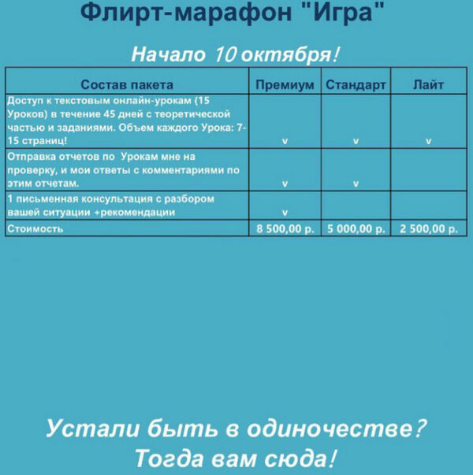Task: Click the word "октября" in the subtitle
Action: [x=286, y=55]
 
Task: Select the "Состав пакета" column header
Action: [x=127, y=84]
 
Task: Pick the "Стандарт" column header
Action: [x=356, y=84]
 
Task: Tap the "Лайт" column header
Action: [x=428, y=84]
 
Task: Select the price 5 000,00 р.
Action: [x=356, y=229]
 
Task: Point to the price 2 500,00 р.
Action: [x=428, y=229]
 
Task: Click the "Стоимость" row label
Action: [x=35, y=229]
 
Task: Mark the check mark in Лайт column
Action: [x=428, y=142]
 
